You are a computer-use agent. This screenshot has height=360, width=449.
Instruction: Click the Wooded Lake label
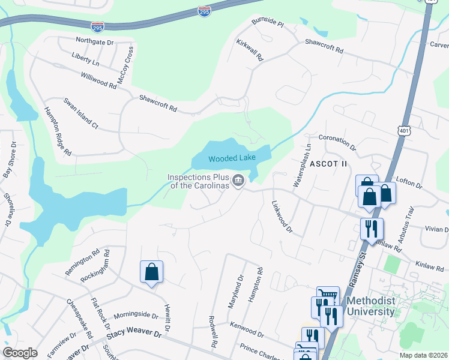tap(232, 158)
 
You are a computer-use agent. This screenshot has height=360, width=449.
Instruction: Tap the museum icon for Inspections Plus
tap(238, 181)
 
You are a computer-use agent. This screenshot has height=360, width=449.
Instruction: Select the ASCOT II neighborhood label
tap(329, 163)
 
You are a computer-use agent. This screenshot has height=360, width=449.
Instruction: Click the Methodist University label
tap(369, 305)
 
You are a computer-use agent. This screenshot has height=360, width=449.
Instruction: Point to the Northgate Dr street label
tap(94, 41)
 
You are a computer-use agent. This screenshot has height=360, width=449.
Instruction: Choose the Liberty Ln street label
tap(85, 61)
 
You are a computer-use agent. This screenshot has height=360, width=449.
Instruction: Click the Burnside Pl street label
tap(268, 25)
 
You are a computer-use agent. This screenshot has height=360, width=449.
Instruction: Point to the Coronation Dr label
tap(337, 143)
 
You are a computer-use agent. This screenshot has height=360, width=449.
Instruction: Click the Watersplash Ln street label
tap(303, 166)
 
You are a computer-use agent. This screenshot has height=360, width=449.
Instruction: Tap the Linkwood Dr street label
tap(282, 217)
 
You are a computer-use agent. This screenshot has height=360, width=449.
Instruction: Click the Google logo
tap(20, 352)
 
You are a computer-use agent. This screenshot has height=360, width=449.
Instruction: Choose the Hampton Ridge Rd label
tap(58, 131)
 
